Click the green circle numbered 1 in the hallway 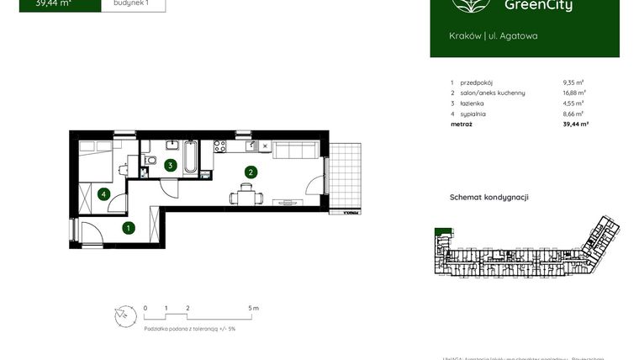point(129,227)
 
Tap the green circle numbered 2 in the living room point(250,172)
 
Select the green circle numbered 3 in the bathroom point(171,166)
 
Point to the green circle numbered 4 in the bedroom point(103,194)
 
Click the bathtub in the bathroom point(191,157)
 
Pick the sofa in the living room point(295,151)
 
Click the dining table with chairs point(246,199)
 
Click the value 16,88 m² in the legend point(574,93)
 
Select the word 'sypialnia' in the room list point(473,114)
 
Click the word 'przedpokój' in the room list point(476,83)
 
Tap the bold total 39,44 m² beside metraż point(575,124)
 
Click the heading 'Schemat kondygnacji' point(489,198)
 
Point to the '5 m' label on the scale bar point(254,309)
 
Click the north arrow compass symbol point(124,316)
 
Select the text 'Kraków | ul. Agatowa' point(494,36)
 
